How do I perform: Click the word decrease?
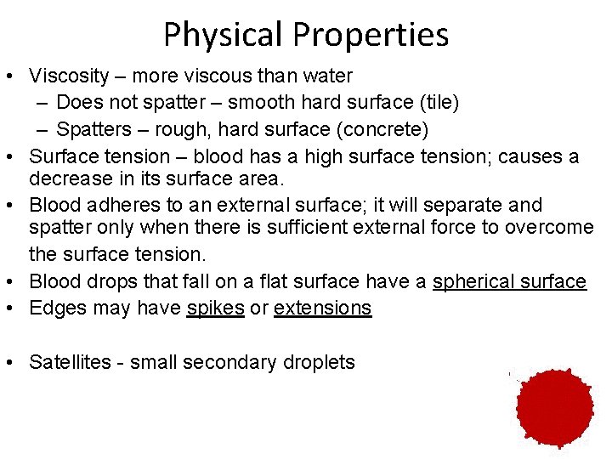[67, 179]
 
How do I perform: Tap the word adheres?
[121, 206]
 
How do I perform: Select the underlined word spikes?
[215, 308]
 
